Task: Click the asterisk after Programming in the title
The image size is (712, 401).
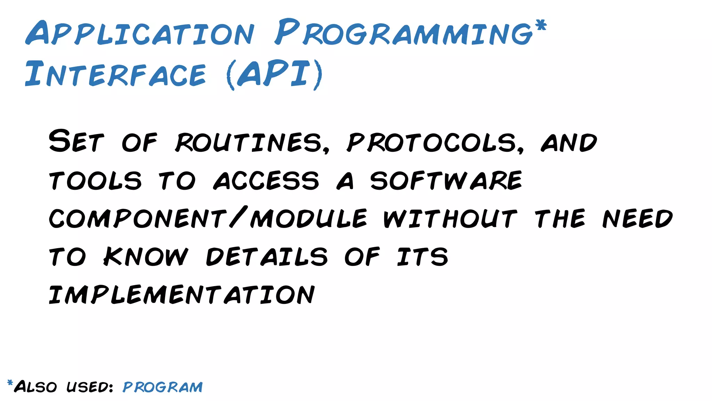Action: click(x=541, y=25)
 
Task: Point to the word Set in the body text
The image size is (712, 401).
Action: click(x=76, y=141)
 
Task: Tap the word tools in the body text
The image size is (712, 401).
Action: click(x=95, y=181)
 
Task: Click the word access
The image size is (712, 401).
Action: click(x=266, y=181)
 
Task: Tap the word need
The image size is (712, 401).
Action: click(x=638, y=219)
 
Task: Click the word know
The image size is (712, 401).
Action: click(x=146, y=257)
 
